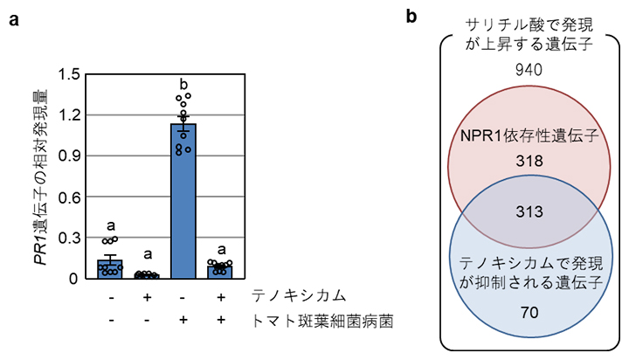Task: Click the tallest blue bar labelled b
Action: tap(183, 201)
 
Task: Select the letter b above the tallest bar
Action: tap(183, 85)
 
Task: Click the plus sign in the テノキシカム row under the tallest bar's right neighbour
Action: tap(219, 298)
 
